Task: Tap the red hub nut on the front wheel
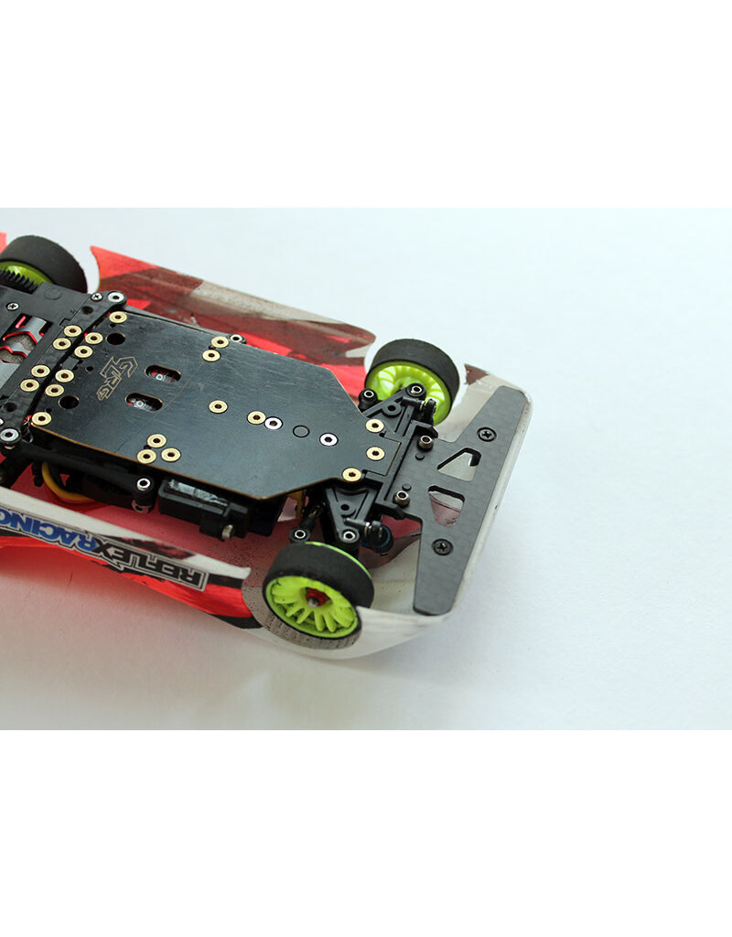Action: tap(314, 596)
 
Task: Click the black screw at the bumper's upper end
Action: tap(486, 434)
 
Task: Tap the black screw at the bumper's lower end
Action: tap(442, 546)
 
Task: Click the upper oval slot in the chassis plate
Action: tap(163, 373)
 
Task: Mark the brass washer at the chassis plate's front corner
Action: tap(351, 474)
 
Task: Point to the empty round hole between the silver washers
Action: tap(301, 430)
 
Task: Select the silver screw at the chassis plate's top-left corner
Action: tap(114, 297)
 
